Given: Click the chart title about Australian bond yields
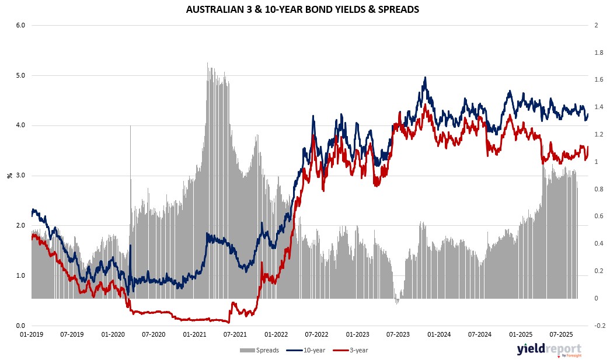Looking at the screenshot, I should point(302,10).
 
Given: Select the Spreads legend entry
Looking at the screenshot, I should point(260,350).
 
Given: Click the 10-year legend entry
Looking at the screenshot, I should point(306,350).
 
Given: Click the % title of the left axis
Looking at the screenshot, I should point(9,175).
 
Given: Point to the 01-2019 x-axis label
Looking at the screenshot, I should point(32,335).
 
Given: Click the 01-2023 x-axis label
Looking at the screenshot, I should point(357,335).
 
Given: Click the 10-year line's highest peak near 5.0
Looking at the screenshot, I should point(425,78).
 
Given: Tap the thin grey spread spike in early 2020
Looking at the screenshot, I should point(130,127).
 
